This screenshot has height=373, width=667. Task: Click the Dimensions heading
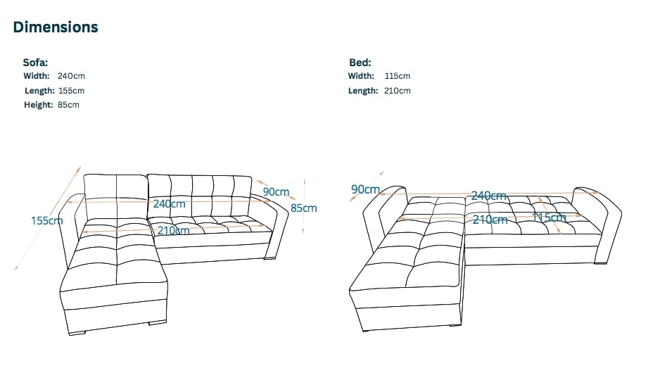pos(56,27)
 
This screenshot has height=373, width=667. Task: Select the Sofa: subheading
pos(35,62)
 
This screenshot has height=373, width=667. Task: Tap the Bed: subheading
pos(360,62)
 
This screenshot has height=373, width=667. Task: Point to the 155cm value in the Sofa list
pos(70,91)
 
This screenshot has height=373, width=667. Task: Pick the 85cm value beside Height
pos(68,105)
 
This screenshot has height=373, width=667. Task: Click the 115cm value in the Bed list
pos(398,76)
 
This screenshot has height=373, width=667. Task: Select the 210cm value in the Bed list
pos(398,91)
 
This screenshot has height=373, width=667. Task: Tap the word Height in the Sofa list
pos(38,105)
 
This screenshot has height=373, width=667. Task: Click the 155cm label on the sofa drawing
pos(46,220)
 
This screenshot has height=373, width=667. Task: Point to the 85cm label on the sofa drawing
pos(303,208)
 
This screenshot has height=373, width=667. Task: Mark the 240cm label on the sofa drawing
pos(170,204)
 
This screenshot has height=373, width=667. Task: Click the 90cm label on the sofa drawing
pos(276,191)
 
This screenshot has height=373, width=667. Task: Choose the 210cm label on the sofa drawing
pos(173,230)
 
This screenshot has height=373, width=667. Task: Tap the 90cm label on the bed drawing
pos(364,189)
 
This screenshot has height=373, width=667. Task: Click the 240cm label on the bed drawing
pos(489,196)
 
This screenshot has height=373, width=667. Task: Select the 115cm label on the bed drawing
pos(549,217)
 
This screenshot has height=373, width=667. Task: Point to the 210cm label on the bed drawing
pos(490,220)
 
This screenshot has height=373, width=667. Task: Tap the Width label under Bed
pos(361,76)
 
